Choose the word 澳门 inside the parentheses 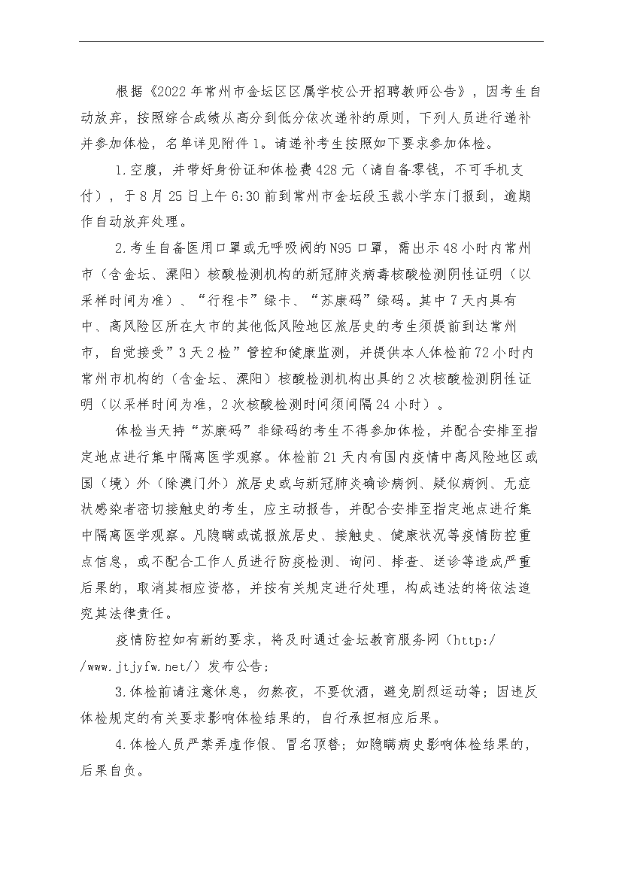click(x=212, y=484)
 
